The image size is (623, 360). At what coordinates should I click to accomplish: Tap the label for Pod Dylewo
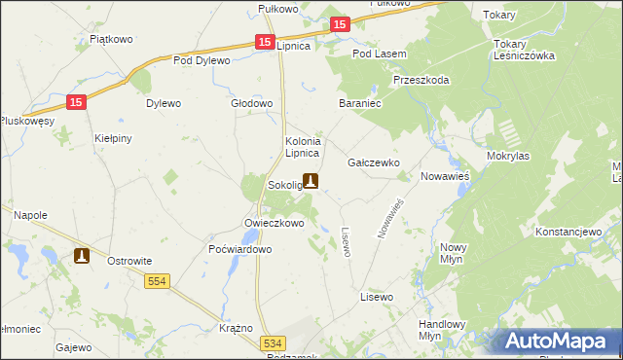[x=202, y=60]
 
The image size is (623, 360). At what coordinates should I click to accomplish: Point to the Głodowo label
[x=251, y=103]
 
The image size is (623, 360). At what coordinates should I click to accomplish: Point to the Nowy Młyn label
[x=454, y=253]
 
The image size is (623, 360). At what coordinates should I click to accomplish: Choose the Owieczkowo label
[x=275, y=223]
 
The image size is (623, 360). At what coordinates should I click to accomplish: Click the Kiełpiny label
[x=113, y=138]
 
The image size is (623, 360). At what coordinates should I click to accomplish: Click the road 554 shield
[x=159, y=281]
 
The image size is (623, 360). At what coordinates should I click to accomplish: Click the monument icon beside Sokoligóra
[x=311, y=180]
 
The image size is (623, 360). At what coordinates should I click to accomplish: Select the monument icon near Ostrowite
[x=82, y=256]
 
